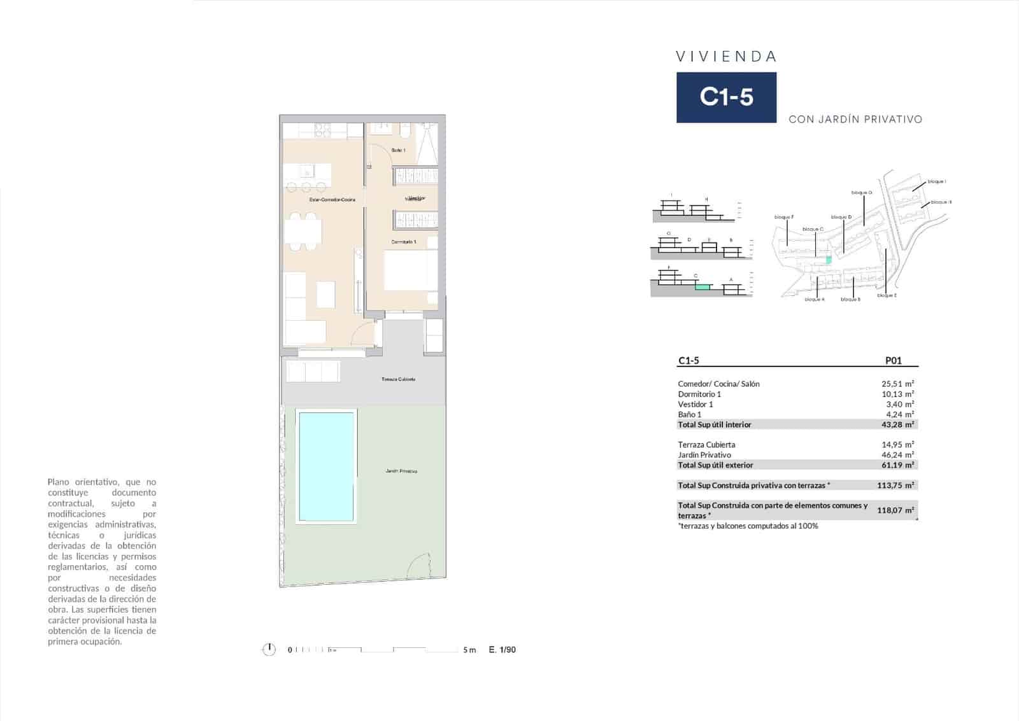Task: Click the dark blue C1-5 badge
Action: (726, 97)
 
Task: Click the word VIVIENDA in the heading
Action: (726, 57)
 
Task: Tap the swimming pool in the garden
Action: (327, 467)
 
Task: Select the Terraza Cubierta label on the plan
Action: (398, 379)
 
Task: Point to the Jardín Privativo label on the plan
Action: (401, 472)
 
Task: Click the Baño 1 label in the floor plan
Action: (398, 150)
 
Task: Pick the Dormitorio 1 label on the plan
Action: (403, 242)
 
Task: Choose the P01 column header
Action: (894, 361)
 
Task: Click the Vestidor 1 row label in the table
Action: (695, 404)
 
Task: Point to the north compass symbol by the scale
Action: (269, 650)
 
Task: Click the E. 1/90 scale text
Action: (502, 650)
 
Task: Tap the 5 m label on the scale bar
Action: (469, 650)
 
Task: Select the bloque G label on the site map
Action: (861, 192)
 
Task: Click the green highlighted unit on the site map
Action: (829, 260)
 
